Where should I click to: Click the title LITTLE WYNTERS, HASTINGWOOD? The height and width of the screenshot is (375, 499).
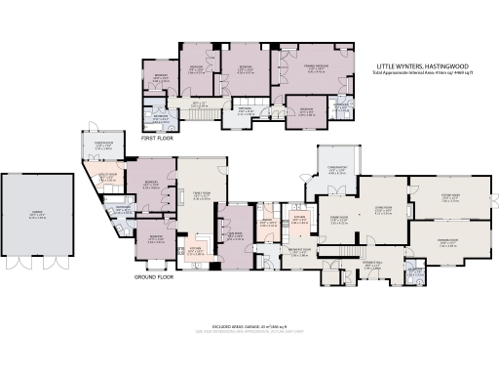point(419,66)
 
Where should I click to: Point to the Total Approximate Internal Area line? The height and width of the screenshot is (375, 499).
point(419,73)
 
